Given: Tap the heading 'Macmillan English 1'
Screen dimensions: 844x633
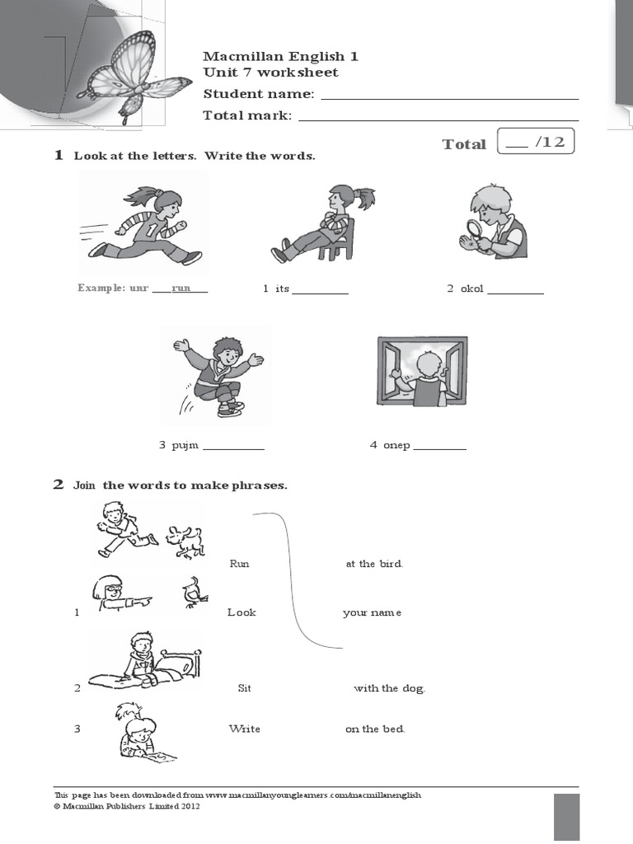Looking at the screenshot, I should click(x=280, y=56).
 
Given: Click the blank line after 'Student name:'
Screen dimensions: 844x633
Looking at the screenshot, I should click(x=449, y=96).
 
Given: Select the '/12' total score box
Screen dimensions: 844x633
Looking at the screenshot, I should click(x=536, y=143).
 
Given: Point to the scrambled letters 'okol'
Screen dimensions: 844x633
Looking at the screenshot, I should click(x=472, y=289).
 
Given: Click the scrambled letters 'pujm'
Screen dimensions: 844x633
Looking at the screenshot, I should click(x=185, y=446).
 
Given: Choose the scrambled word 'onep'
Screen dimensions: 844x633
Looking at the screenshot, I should click(x=396, y=446).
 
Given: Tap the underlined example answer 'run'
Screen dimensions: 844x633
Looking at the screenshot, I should click(x=181, y=288).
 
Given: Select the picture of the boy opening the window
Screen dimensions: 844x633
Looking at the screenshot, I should click(x=422, y=371).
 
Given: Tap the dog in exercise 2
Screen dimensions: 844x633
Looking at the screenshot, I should click(x=184, y=541).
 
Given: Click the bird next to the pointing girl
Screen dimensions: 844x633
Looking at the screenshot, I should click(x=195, y=592).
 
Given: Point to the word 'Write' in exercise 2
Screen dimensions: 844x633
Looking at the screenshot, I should click(x=244, y=729).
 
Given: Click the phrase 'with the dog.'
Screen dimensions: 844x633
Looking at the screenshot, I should click(x=389, y=688).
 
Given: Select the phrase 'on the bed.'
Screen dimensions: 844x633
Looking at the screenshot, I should click(x=375, y=729).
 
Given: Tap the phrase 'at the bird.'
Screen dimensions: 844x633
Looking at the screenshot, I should click(x=374, y=564).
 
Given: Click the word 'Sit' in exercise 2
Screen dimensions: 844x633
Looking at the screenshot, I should click(x=244, y=688).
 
